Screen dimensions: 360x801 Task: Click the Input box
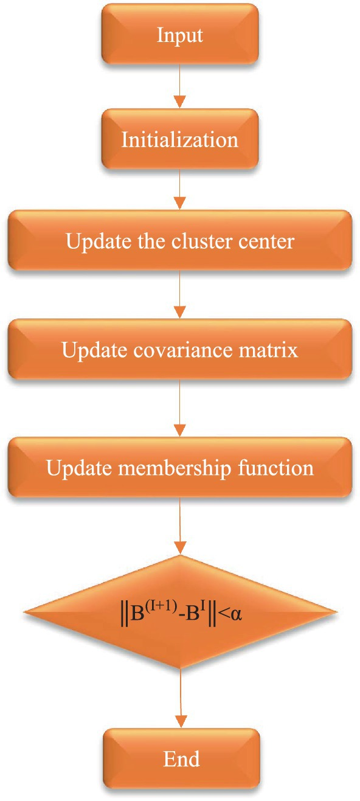coord(180,35)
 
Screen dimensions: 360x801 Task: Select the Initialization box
coord(180,139)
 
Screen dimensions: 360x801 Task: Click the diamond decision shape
coord(181,612)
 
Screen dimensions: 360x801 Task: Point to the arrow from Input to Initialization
coord(180,86)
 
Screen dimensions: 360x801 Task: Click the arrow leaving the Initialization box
coord(180,190)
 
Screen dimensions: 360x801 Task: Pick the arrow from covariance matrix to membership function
coord(180,408)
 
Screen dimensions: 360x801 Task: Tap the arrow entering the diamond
coord(180,525)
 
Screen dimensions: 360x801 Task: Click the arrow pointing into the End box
coord(181,698)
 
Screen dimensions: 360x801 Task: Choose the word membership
coord(175,468)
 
